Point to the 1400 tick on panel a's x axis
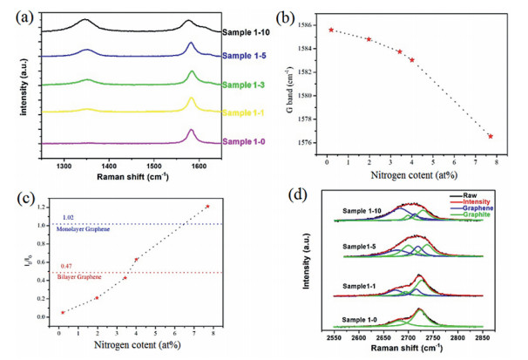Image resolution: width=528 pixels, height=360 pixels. click(x=108, y=163)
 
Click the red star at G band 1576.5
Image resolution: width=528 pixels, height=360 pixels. click(x=491, y=136)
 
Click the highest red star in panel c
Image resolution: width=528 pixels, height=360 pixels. click(x=207, y=207)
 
